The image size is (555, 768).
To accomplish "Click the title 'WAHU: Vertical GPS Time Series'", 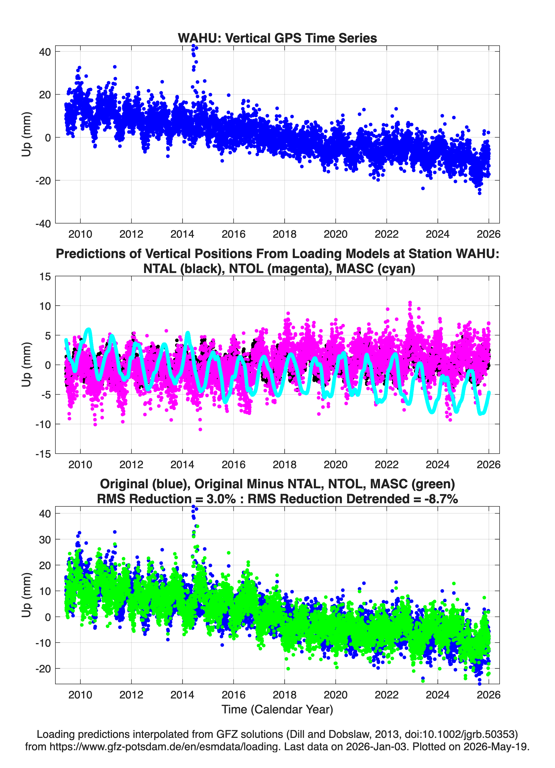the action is tap(277, 38).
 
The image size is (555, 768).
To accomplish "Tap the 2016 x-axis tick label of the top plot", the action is tap(233, 234).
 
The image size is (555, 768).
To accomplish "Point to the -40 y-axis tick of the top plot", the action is tap(43, 224).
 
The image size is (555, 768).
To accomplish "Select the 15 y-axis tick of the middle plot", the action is tap(45, 276).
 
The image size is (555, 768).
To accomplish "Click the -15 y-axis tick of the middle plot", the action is tap(43, 454).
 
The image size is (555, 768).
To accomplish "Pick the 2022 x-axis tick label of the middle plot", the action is tap(386, 464).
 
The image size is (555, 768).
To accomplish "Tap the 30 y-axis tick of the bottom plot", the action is tap(45, 539).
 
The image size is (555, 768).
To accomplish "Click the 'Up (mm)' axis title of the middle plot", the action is tap(27, 365).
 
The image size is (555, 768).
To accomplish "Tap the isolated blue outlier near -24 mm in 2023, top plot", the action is tap(423, 188).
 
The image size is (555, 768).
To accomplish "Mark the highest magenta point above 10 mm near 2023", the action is tap(410, 302).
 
